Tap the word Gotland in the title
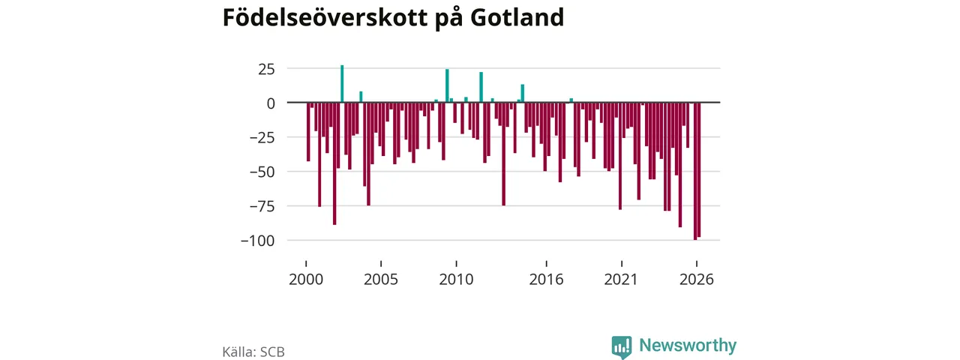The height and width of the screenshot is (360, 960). [517, 17]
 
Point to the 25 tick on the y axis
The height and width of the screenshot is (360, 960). [266, 69]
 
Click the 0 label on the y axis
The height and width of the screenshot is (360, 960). [271, 103]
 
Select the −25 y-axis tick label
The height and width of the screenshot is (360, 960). [262, 137]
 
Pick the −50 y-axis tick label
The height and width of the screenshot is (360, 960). [262, 172]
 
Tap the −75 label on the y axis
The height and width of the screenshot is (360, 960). [262, 206]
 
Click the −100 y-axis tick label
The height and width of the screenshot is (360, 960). [257, 241]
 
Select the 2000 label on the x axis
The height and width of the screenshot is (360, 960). [306, 280]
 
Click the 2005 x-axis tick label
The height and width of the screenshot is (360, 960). [381, 280]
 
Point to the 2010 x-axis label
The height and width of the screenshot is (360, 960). [457, 280]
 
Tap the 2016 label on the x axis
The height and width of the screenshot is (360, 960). [547, 280]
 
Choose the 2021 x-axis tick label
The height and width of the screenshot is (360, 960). [622, 280]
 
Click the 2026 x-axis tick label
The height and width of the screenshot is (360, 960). [697, 280]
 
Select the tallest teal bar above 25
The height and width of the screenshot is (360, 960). [342, 84]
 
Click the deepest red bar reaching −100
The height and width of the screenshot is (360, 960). [695, 172]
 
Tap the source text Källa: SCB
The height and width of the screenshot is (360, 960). [253, 352]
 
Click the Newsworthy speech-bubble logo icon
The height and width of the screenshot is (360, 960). [622, 347]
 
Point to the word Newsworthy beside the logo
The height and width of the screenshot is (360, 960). [688, 346]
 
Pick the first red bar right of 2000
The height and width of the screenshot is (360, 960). [308, 132]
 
